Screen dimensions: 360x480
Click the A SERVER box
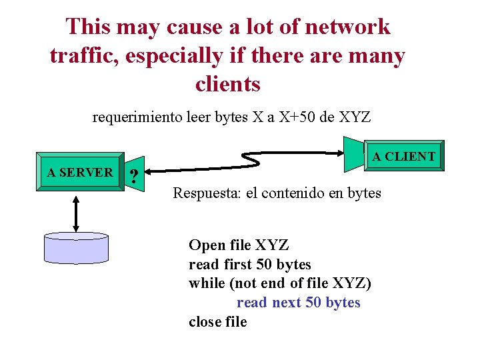point(80,173)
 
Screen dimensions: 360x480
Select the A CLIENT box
point(403,157)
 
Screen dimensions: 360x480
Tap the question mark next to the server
point(135,177)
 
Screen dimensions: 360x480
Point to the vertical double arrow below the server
point(77,213)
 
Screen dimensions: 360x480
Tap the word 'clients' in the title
point(228,85)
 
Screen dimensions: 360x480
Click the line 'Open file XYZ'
point(239,245)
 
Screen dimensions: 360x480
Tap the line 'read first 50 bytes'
point(250,264)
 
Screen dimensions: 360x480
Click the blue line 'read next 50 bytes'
point(298,303)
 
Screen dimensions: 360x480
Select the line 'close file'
point(218,321)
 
